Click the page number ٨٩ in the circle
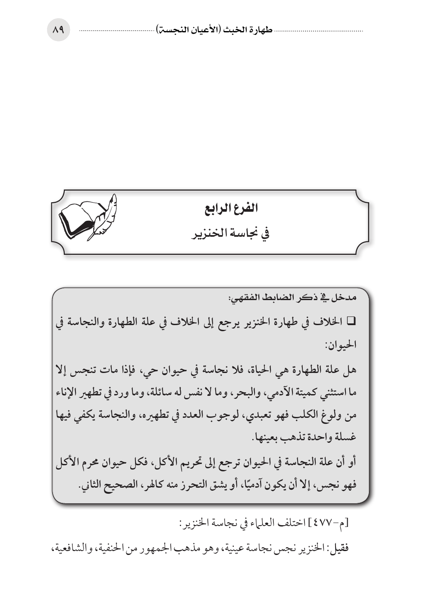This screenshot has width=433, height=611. click(58, 31)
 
